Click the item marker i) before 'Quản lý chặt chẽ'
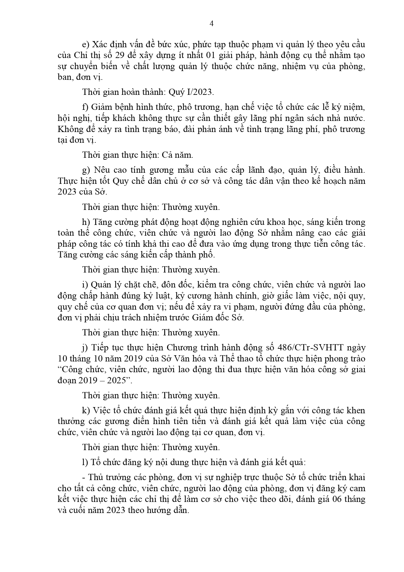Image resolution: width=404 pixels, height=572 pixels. pyautogui.click(x=85, y=285)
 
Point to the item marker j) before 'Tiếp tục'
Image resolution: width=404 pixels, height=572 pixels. pyautogui.click(x=85, y=348)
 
